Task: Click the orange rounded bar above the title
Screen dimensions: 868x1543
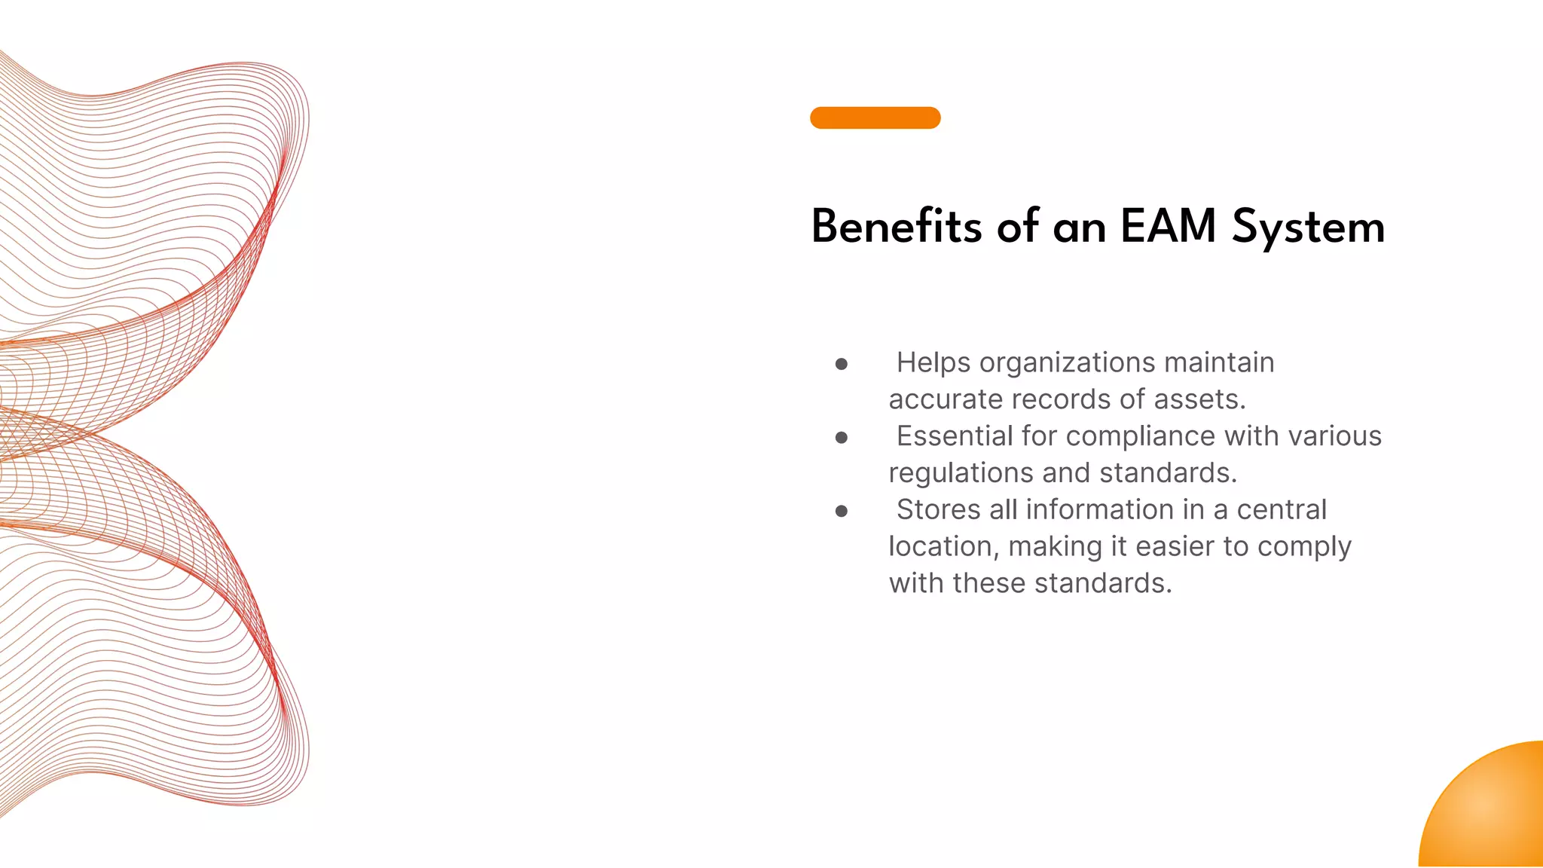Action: click(875, 118)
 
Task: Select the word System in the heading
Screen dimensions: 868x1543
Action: click(1308, 228)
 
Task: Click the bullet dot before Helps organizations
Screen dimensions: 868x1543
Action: click(842, 365)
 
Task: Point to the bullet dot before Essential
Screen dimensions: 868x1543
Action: click(842, 438)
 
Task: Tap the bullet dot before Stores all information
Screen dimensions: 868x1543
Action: click(842, 512)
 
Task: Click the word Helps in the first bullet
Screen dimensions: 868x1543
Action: click(933, 363)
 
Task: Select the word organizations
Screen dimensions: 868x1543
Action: click(1068, 363)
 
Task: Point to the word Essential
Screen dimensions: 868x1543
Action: click(955, 436)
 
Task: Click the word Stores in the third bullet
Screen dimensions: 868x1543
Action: click(938, 510)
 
